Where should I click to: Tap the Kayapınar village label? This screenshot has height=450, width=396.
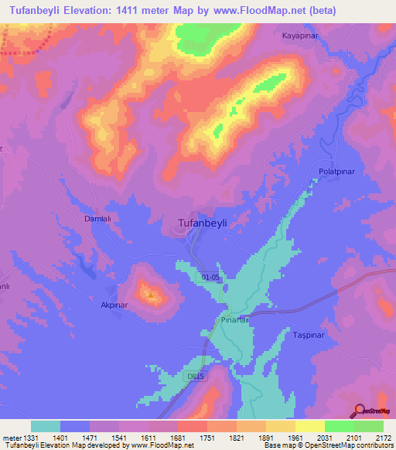pos(302,36)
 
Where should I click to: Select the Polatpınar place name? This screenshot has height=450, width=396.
pos(336,170)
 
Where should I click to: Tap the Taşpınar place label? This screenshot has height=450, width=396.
pos(312,336)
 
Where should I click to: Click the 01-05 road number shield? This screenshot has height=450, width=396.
pos(210,276)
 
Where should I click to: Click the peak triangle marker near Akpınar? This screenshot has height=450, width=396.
pos(151,293)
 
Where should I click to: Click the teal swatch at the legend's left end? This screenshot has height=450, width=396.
pos(45,426)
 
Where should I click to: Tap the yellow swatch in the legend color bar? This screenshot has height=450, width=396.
pos(310,426)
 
